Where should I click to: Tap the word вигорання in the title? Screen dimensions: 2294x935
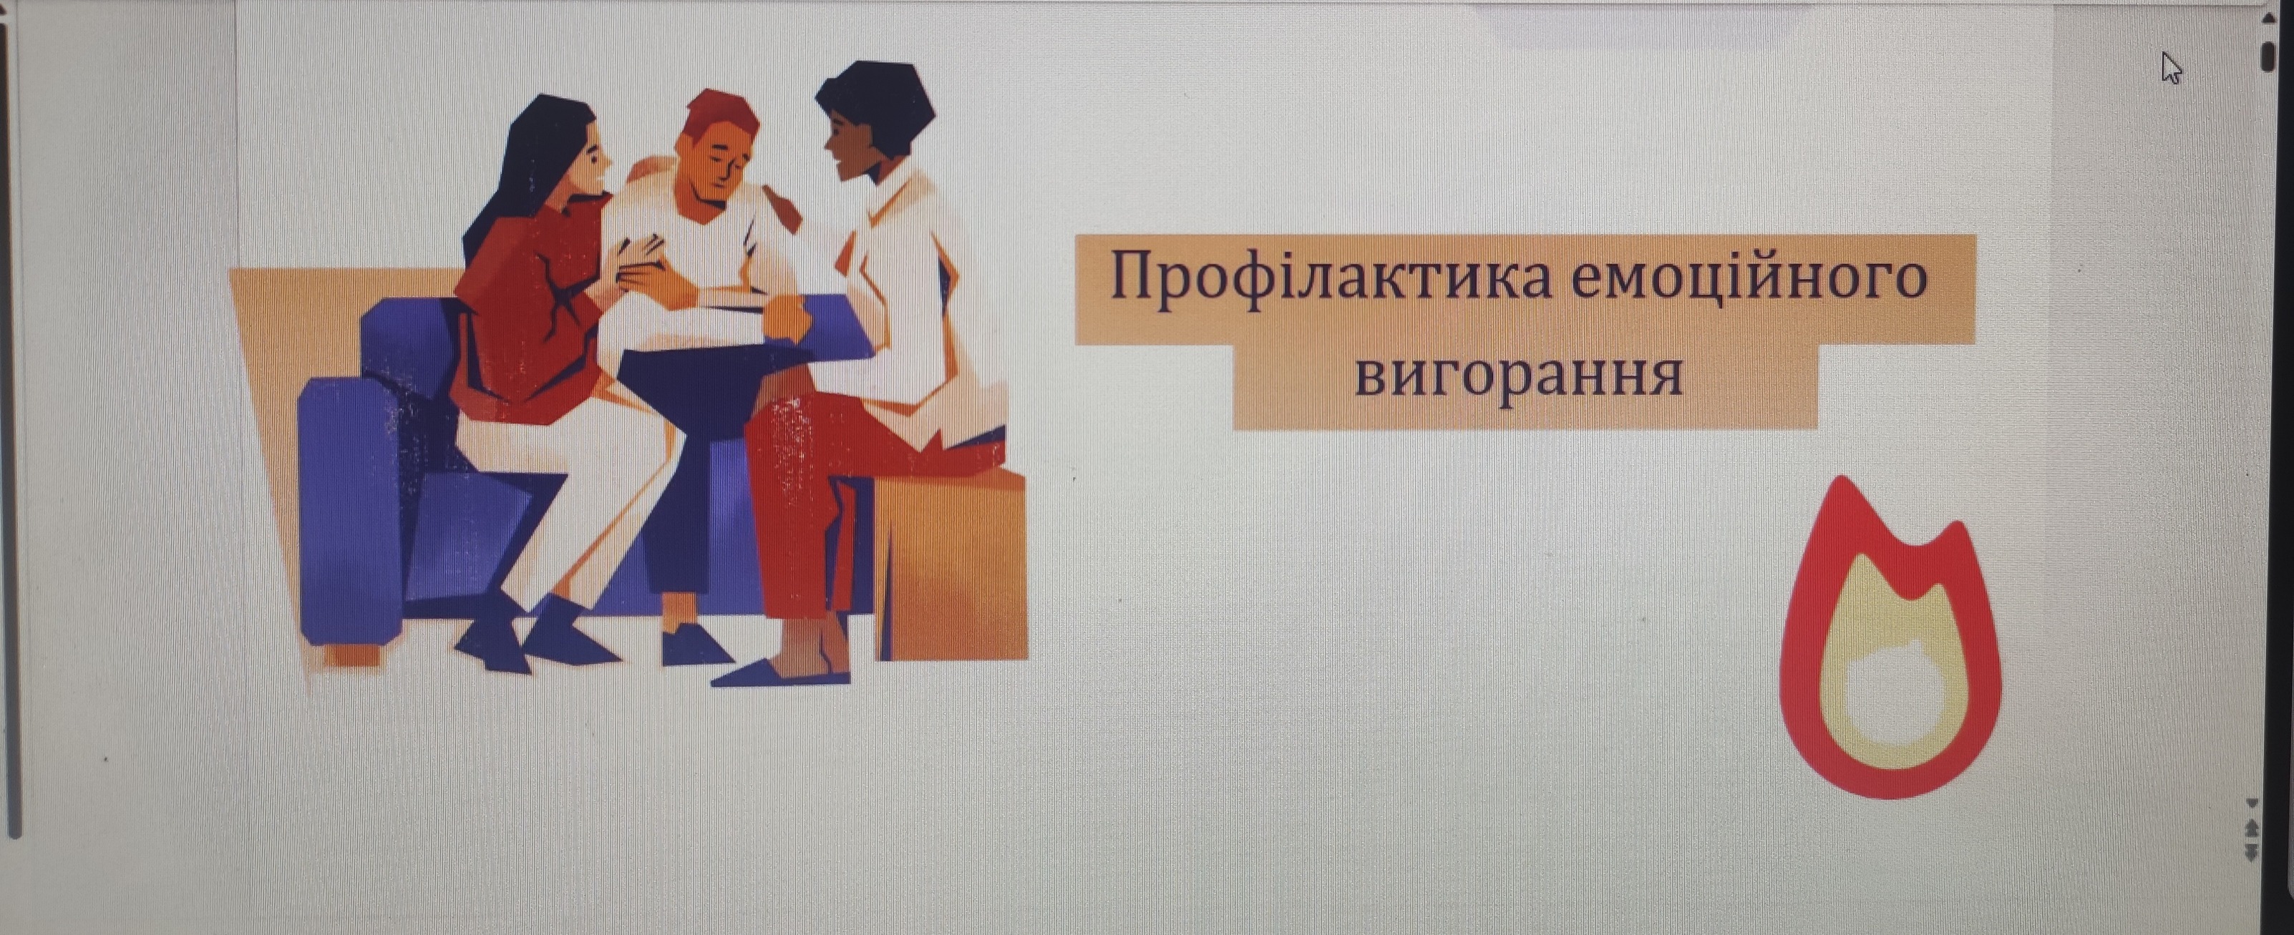pyautogui.click(x=1518, y=375)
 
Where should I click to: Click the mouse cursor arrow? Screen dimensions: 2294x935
pyautogui.click(x=2171, y=69)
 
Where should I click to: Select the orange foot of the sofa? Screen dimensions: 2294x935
pyautogui.click(x=351, y=654)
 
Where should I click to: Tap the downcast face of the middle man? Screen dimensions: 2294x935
pyautogui.click(x=717, y=170)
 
